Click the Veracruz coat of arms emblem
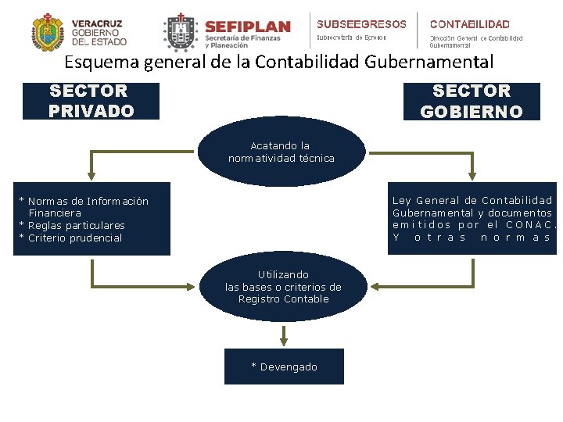click(x=48, y=32)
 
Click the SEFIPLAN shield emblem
click(x=181, y=32)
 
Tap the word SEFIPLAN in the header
click(x=247, y=27)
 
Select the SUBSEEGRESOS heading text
click(x=361, y=24)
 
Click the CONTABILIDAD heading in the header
click(x=469, y=24)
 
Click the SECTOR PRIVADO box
click(x=91, y=101)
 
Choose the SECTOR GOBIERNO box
click(x=472, y=102)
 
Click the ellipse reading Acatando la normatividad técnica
click(x=281, y=152)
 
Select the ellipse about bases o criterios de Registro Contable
click(x=283, y=286)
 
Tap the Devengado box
click(x=284, y=367)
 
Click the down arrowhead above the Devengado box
click(x=284, y=340)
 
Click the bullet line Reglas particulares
click(x=72, y=225)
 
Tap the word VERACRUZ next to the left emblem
click(x=97, y=23)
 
